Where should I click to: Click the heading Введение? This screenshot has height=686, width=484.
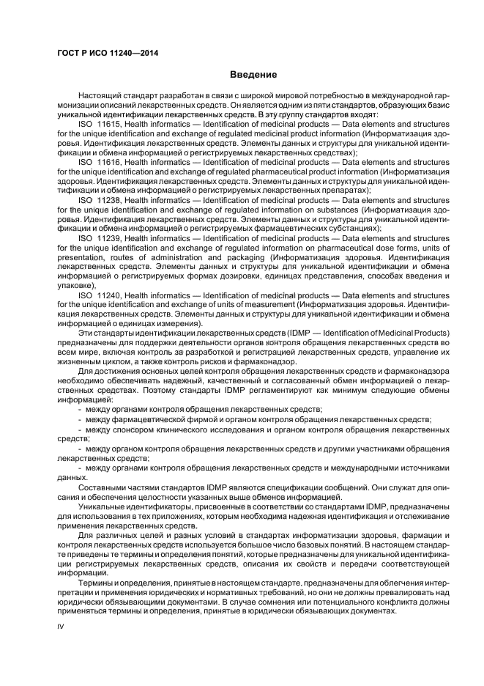point(253,75)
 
